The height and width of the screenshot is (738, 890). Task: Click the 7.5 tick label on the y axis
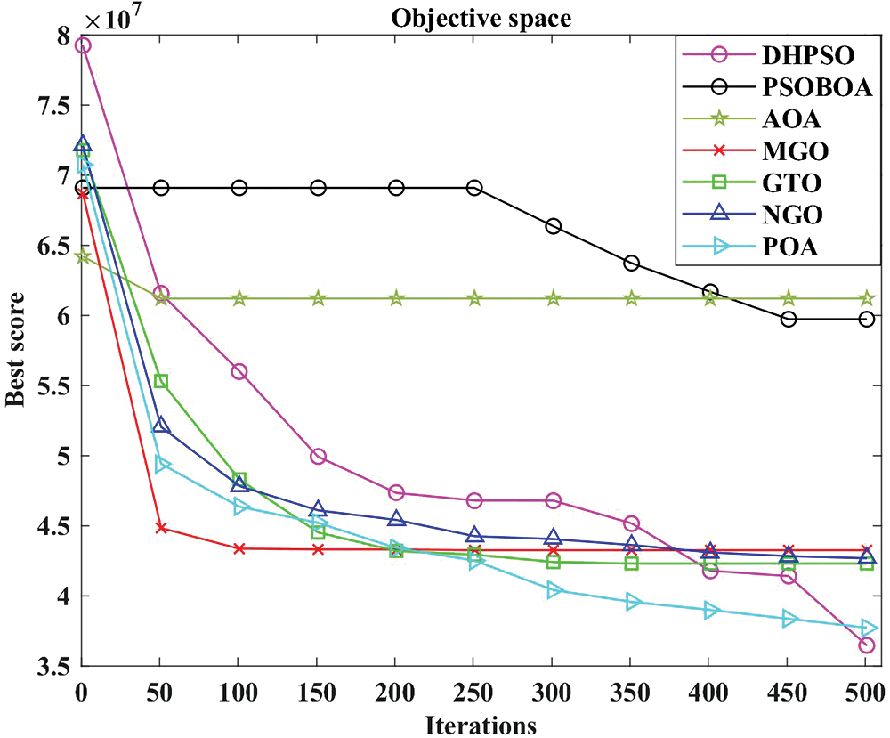pos(56,105)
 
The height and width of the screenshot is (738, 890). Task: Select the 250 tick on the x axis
pos(474,690)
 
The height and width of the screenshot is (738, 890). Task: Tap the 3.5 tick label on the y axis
pos(56,666)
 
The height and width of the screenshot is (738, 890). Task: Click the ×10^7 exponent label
pos(114,18)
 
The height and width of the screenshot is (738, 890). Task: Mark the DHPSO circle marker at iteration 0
pos(83,45)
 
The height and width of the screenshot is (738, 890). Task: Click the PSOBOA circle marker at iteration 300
pos(553,226)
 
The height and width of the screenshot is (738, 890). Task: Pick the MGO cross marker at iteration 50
pos(161,528)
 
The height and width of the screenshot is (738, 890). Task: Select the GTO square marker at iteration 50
pos(161,381)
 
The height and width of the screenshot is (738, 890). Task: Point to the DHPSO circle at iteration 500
pos(866,645)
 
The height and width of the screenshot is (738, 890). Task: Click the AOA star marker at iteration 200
pos(396,298)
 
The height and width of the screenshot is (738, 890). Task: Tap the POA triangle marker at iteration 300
pos(553,589)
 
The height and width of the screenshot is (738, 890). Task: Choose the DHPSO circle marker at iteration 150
pos(318,457)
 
